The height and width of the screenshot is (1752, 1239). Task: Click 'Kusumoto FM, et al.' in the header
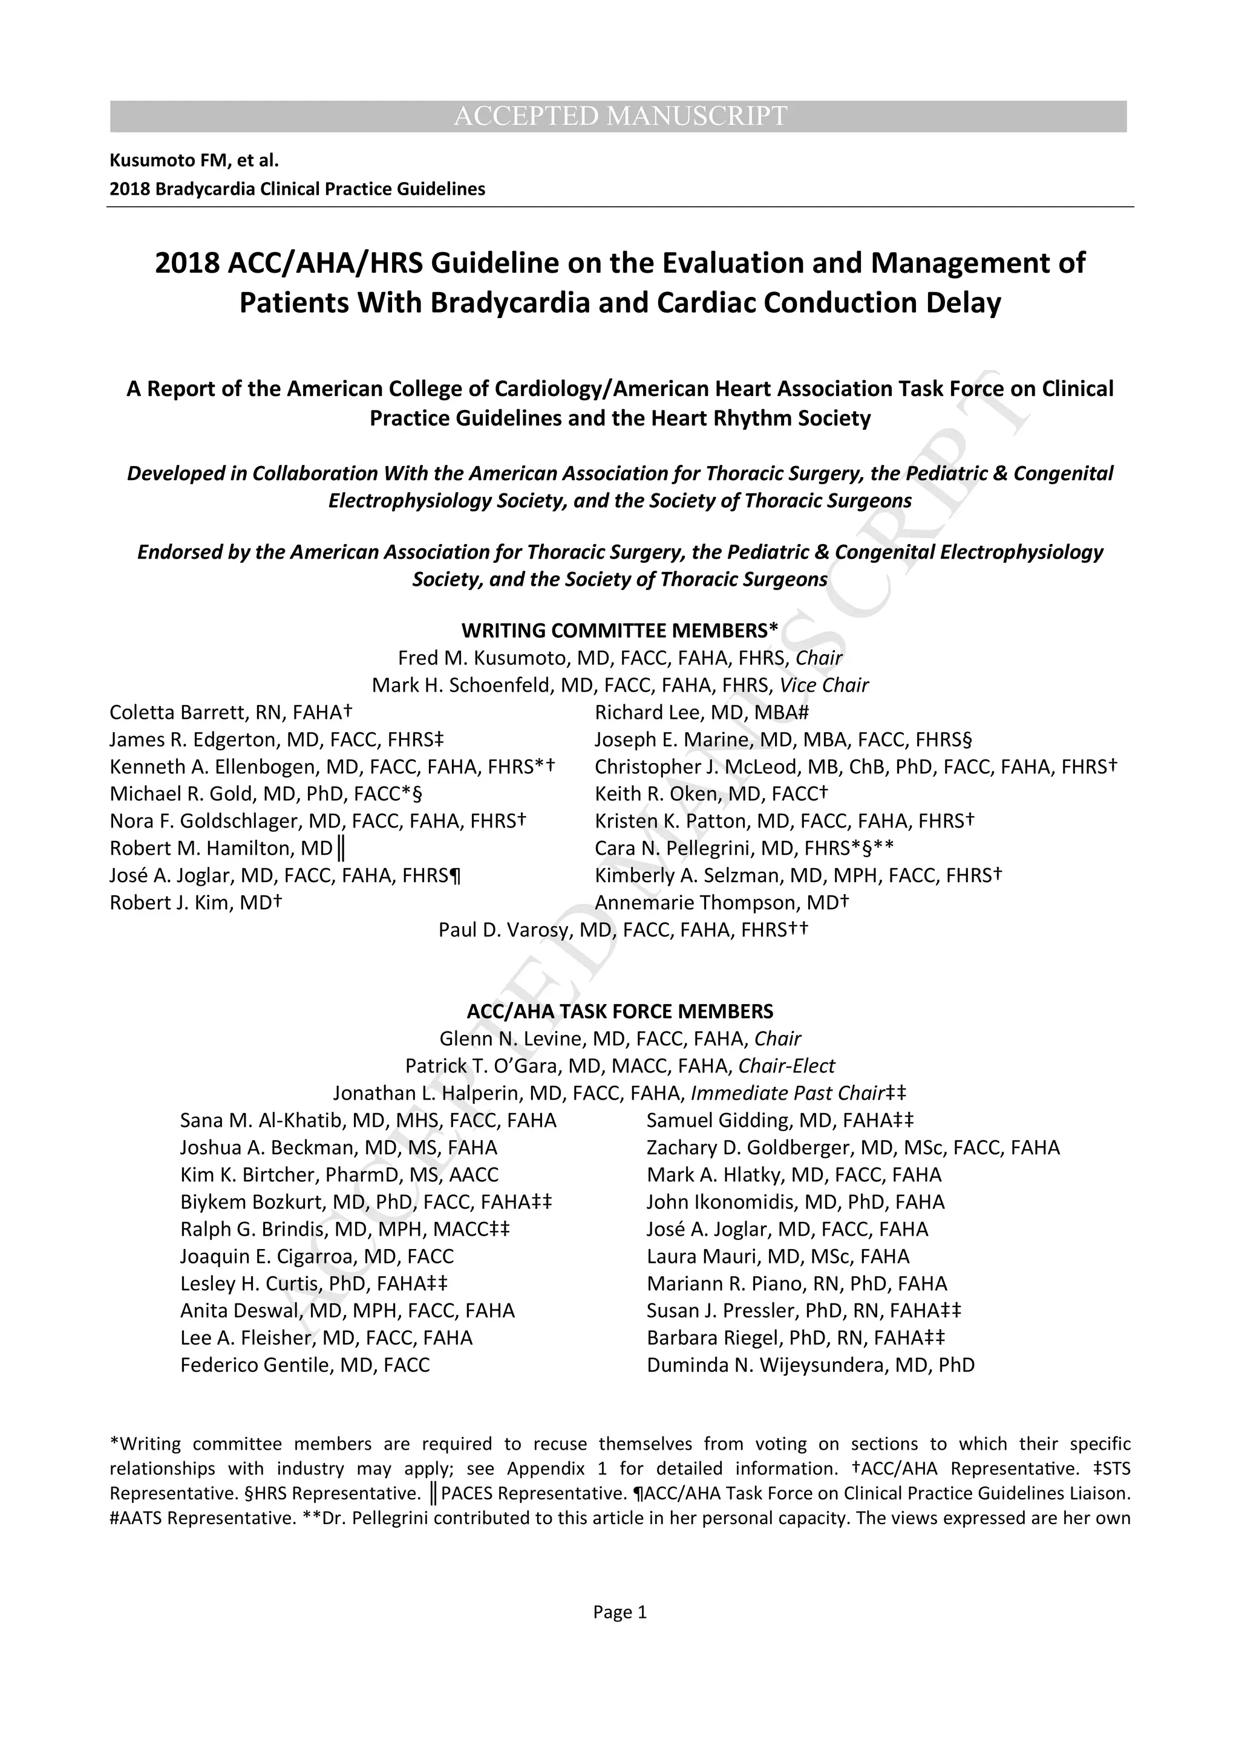(194, 160)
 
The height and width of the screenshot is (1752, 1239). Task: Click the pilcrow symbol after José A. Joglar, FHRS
(456, 876)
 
